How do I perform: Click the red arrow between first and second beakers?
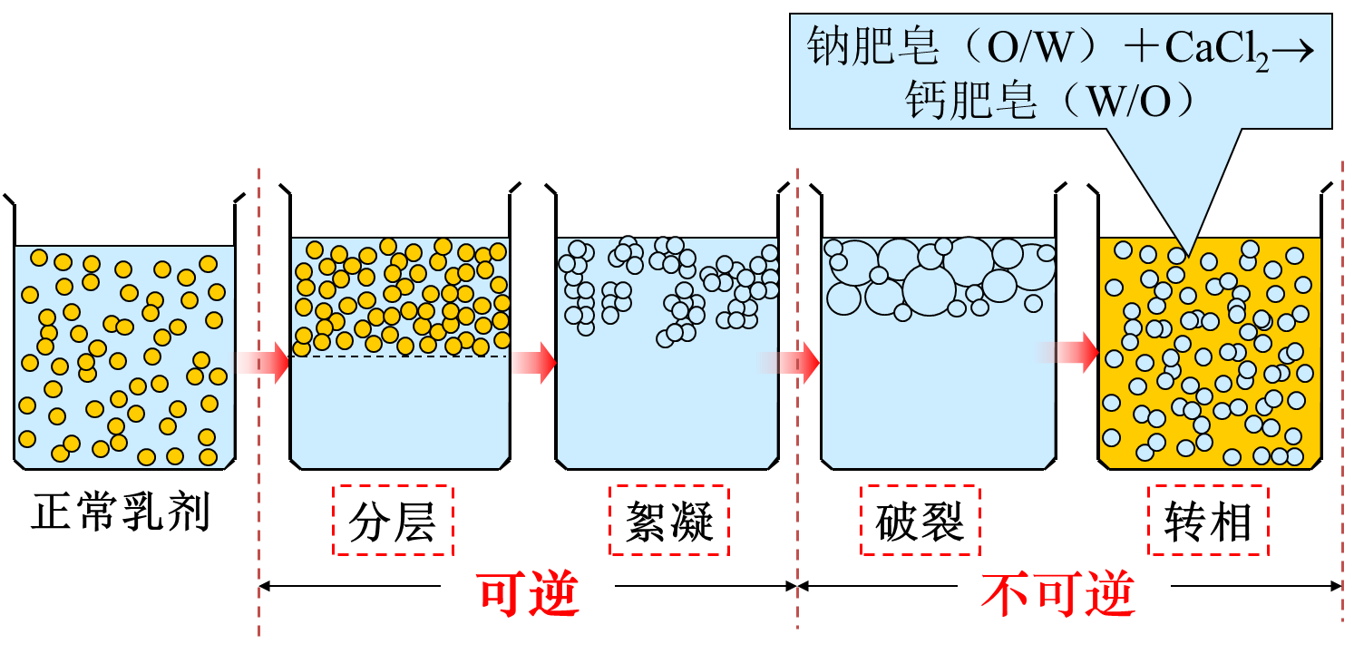[x=263, y=363]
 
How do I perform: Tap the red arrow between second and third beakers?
[x=533, y=363]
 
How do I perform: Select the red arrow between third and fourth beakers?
[x=798, y=363]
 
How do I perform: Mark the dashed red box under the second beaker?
[x=393, y=520]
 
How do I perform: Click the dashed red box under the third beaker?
[x=668, y=520]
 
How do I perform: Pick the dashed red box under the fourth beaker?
[x=920, y=520]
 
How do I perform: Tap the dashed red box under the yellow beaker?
[x=1207, y=520]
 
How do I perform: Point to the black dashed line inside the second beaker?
[x=399, y=356]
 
